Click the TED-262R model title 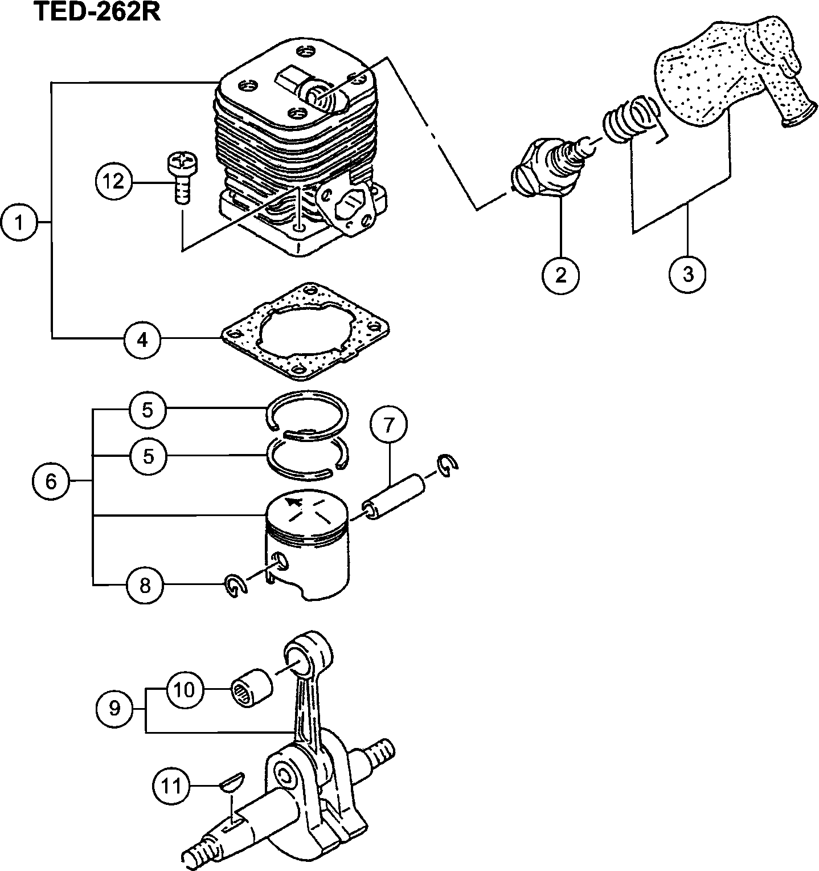(97, 11)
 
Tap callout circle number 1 (19, 222)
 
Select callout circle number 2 (561, 275)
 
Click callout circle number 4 (142, 340)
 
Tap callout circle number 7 (389, 424)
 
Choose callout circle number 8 (145, 584)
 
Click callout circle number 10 (185, 690)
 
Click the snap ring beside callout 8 (235, 586)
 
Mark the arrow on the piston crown (294, 501)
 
